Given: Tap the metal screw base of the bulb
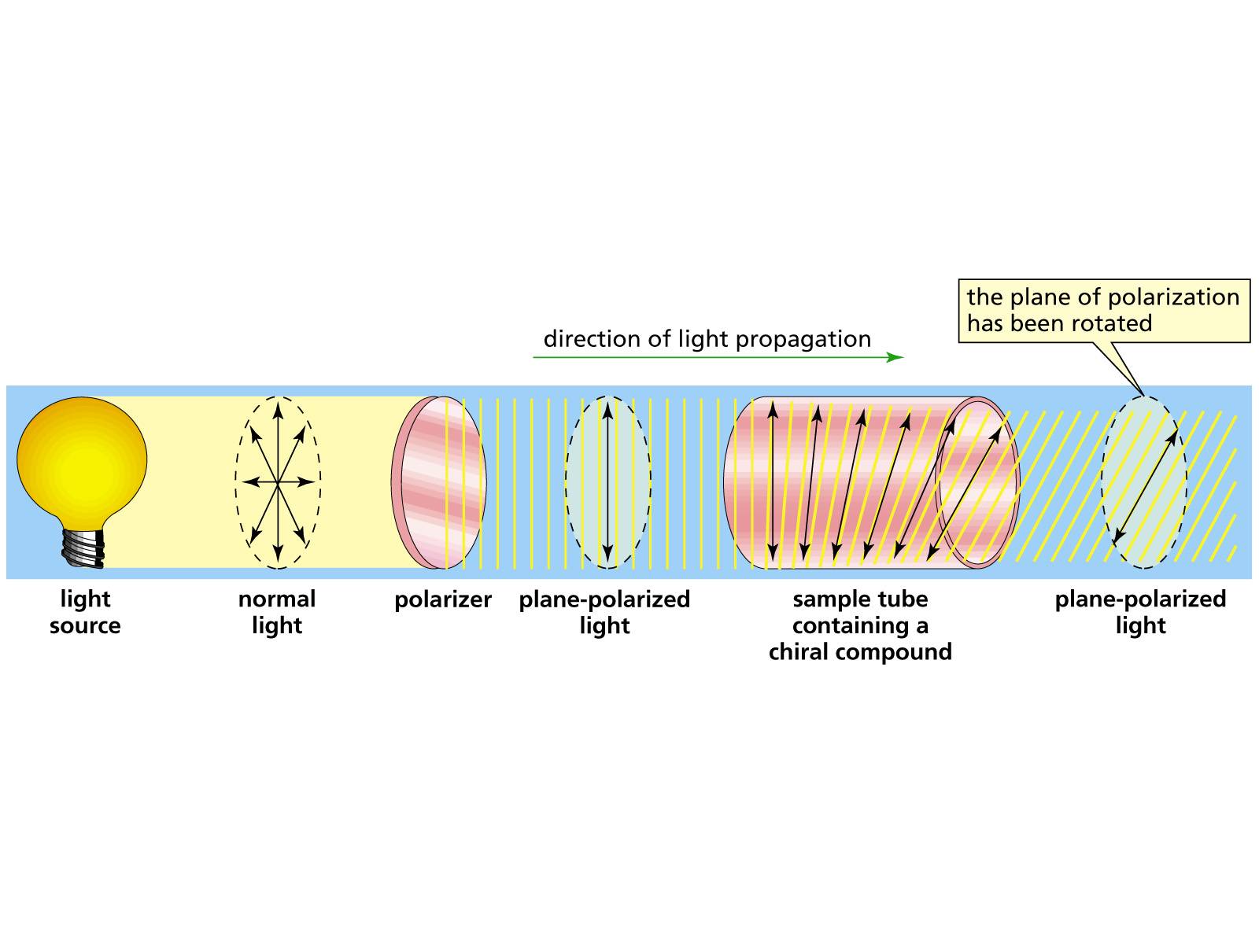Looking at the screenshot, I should (83, 546).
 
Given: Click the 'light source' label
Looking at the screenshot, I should (85, 612).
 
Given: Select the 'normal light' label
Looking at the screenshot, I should (277, 612).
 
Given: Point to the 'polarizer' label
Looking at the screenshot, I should (443, 599).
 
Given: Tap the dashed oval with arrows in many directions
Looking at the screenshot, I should (277, 481).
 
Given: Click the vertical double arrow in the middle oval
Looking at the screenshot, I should (607, 481).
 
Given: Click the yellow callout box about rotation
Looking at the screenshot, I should (1103, 311).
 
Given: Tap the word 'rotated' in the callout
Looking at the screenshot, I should (1114, 323).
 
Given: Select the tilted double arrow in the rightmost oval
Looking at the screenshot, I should (1146, 485).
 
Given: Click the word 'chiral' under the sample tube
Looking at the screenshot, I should (807, 652).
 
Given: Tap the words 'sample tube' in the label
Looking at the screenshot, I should (860, 599).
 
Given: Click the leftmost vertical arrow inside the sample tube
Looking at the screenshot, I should (773, 481).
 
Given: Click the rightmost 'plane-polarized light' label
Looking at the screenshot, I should (1140, 612).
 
